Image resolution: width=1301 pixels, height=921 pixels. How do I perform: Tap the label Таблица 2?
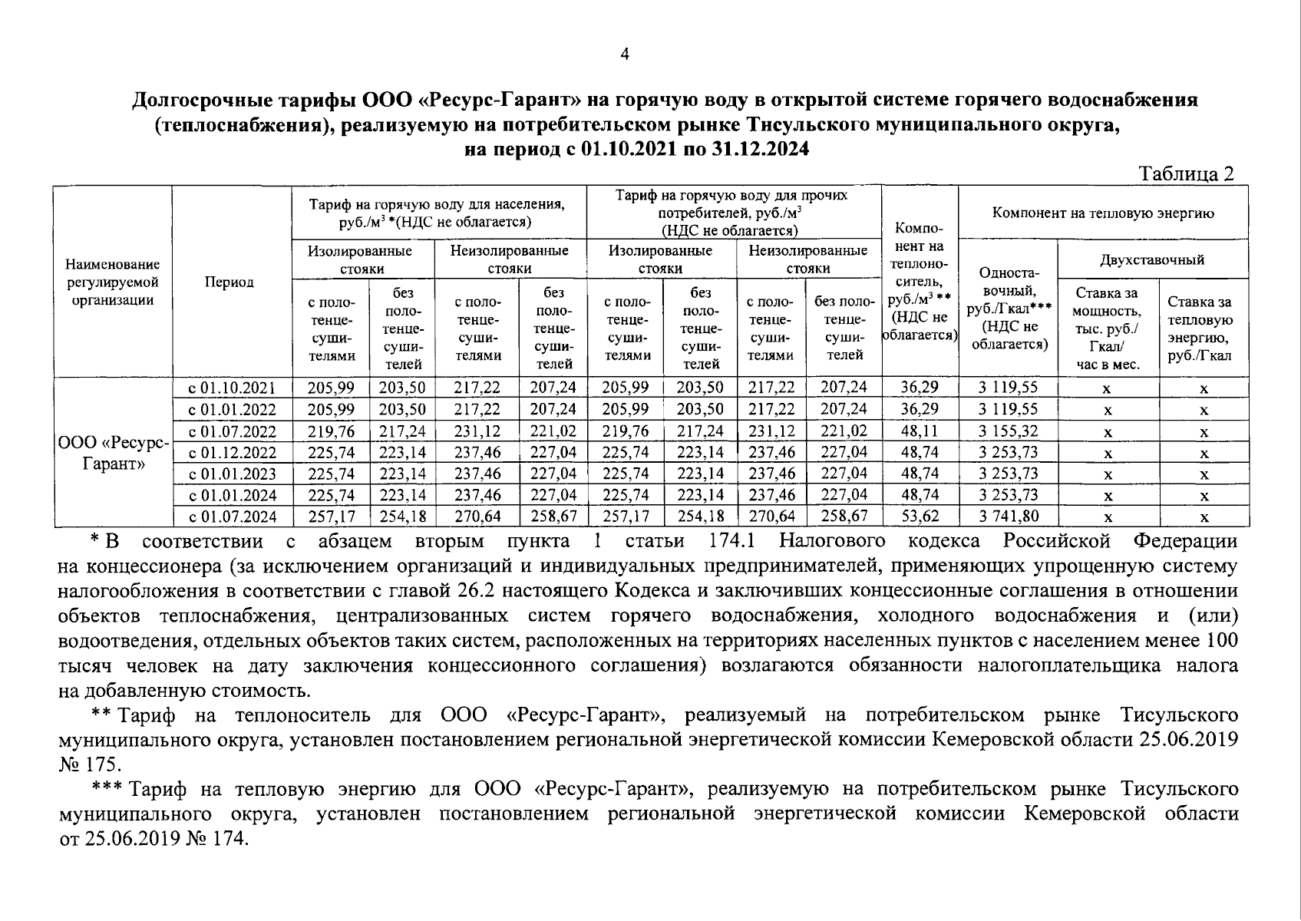point(1186,174)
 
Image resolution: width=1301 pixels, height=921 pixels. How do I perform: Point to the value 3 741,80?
point(1008,517)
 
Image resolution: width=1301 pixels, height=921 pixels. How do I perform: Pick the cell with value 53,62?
point(919,517)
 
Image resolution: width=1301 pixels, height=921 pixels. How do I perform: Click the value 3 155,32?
point(1008,431)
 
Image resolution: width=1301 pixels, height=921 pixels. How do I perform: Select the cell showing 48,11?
point(919,431)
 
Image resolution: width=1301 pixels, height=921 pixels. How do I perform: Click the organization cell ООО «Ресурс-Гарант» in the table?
point(113,453)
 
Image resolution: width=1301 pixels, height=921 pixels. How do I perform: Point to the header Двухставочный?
point(1151,259)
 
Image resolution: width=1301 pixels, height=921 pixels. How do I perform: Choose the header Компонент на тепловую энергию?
point(1103,213)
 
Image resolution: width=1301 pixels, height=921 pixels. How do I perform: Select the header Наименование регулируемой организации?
point(113,282)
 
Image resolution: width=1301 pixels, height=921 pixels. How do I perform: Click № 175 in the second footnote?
point(90,765)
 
